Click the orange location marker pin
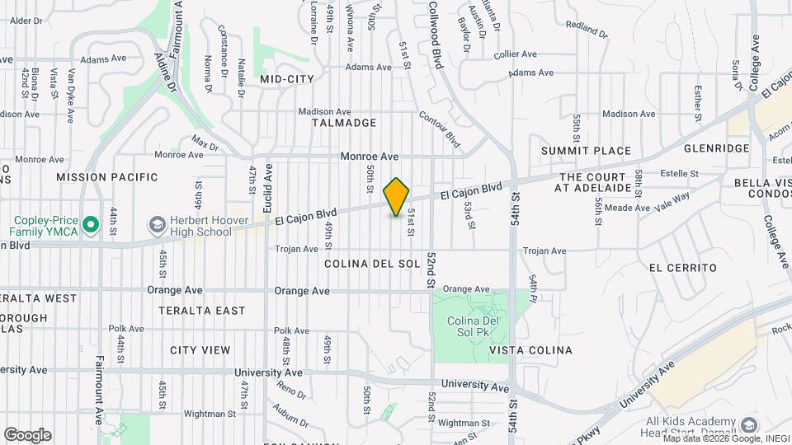(x=397, y=197)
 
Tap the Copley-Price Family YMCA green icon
(x=91, y=223)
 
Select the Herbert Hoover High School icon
(x=156, y=224)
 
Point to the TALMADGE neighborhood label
(x=344, y=123)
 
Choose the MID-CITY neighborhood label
(x=287, y=79)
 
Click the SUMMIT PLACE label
(x=586, y=151)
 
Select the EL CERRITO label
(x=682, y=268)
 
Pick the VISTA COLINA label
(x=530, y=350)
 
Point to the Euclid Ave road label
(x=268, y=190)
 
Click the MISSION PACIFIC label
(x=106, y=177)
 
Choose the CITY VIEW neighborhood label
(x=200, y=350)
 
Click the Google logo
(x=27, y=434)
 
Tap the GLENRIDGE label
(x=716, y=148)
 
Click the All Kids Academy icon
(x=749, y=425)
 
